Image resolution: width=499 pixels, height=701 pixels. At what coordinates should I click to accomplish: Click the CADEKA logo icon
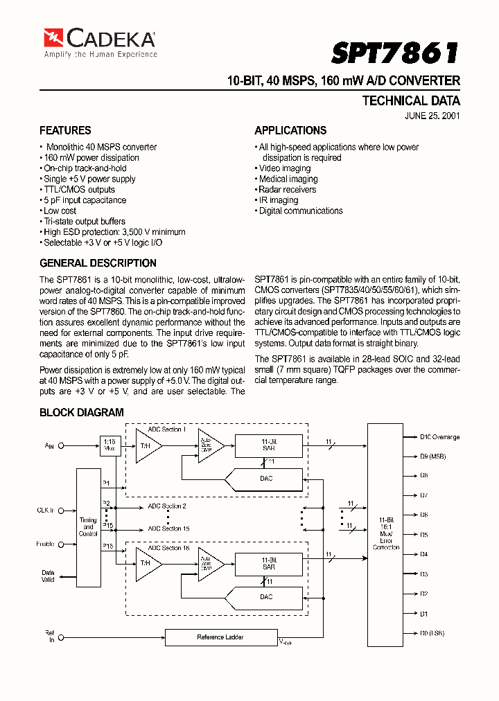coord(53,37)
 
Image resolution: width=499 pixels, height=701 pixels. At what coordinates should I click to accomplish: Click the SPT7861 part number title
coord(396,53)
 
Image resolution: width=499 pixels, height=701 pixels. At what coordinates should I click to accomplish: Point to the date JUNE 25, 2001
coord(432,116)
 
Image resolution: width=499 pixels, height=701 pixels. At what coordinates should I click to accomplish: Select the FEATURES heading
coord(65,130)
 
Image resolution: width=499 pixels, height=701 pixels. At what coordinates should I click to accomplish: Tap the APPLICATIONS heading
coord(290,130)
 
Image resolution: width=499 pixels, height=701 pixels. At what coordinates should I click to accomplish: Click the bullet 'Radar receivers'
coord(287,190)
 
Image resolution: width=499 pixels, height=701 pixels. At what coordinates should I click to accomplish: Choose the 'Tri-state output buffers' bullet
coord(84,222)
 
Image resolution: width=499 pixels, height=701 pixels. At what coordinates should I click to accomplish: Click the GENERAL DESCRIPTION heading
coord(98,263)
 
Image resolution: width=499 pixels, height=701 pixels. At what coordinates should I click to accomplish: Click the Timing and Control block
coord(88,526)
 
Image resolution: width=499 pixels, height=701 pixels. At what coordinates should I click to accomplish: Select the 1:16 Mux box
coord(110,445)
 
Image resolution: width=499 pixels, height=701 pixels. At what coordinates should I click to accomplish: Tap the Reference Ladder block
coord(220,637)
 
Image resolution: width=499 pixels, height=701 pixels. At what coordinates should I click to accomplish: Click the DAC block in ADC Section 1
coord(266,479)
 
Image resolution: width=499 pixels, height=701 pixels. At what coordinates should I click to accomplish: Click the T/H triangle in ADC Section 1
coord(146,445)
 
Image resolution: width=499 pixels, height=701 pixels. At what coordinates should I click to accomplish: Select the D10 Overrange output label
coord(439,437)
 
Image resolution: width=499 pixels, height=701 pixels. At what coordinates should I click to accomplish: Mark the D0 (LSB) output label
coord(432,633)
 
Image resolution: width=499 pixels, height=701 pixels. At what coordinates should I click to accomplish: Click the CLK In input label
coord(46,511)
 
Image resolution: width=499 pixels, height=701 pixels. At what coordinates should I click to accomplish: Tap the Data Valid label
coord(48,576)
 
